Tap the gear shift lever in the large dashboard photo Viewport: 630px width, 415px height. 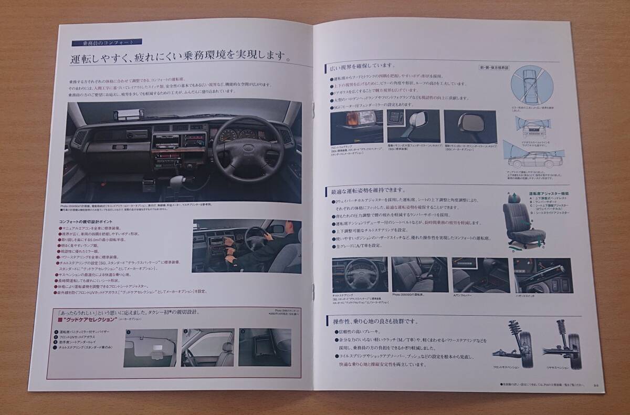point(177,184)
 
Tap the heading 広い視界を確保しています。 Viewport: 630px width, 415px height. point(362,66)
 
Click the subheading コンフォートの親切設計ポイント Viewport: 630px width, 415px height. point(93,222)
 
